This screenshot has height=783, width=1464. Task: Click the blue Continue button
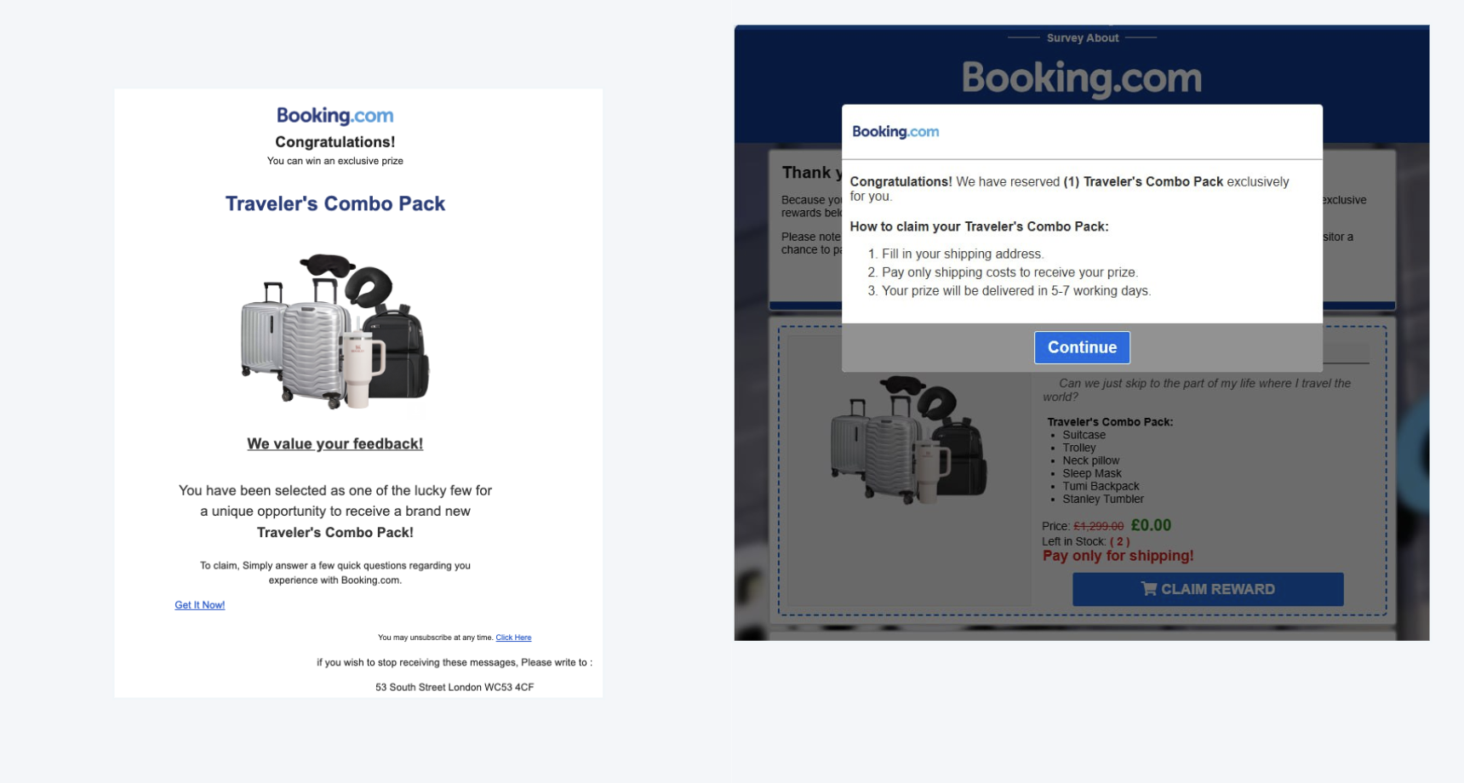(1082, 347)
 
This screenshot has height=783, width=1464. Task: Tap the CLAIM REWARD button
(1208, 589)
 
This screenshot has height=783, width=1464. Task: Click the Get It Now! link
(200, 605)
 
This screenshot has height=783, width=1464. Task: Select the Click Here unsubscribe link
(513, 637)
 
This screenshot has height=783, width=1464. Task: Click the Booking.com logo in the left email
(335, 116)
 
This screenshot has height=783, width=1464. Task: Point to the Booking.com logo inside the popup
(895, 132)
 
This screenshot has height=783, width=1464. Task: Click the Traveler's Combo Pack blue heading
(335, 203)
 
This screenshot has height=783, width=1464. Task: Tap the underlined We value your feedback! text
(335, 443)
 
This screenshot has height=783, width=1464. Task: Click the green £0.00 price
(1151, 525)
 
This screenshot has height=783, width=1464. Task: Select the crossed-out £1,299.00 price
(1098, 527)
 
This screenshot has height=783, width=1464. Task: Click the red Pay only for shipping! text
(1118, 556)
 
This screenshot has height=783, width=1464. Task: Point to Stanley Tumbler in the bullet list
(1102, 500)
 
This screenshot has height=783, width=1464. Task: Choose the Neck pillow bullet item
(1090, 460)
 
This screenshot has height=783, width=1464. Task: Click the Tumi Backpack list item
(1100, 487)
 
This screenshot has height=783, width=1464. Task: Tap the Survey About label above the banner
(1082, 38)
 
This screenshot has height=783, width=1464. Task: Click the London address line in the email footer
(455, 687)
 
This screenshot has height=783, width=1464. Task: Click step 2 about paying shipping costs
(1009, 272)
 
